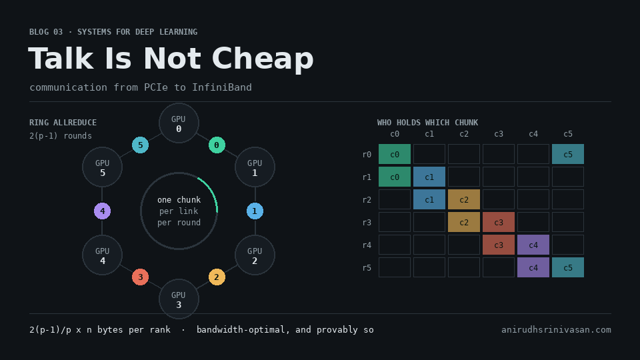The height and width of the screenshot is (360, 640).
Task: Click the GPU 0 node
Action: pyautogui.click(x=179, y=123)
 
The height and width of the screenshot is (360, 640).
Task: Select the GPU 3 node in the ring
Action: pyautogui.click(x=179, y=299)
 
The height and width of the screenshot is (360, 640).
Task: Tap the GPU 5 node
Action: pyautogui.click(x=103, y=167)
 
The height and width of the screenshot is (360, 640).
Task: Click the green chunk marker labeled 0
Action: pyautogui.click(x=217, y=145)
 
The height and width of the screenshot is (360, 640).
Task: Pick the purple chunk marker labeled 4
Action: pyautogui.click(x=103, y=211)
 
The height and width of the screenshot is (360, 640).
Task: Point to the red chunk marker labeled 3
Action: pyautogui.click(x=141, y=277)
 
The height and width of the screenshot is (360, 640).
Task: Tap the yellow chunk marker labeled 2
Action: pyautogui.click(x=217, y=277)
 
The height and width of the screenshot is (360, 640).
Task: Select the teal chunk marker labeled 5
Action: pyautogui.click(x=141, y=145)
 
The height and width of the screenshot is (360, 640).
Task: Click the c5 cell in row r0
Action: pyautogui.click(x=568, y=154)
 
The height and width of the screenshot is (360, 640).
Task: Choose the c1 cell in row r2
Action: pyautogui.click(x=429, y=199)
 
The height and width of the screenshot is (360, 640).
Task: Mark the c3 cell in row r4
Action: pyautogui.click(x=499, y=245)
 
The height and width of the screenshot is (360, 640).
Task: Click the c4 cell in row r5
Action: pyautogui.click(x=533, y=268)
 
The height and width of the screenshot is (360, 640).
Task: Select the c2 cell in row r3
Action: pyautogui.click(x=464, y=223)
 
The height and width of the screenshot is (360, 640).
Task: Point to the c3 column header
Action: pyautogui.click(x=499, y=134)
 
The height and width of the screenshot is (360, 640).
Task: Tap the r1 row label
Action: pyautogui.click(x=367, y=177)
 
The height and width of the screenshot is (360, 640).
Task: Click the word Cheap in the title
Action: pyautogui.click(x=263, y=59)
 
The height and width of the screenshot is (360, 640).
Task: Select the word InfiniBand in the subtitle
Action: pyautogui.click(x=221, y=87)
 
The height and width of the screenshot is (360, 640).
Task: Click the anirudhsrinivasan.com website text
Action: pyautogui.click(x=556, y=330)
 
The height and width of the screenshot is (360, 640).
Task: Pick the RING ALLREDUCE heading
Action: pyautogui.click(x=63, y=123)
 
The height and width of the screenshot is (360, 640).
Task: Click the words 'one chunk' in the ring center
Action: pyautogui.click(x=179, y=199)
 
